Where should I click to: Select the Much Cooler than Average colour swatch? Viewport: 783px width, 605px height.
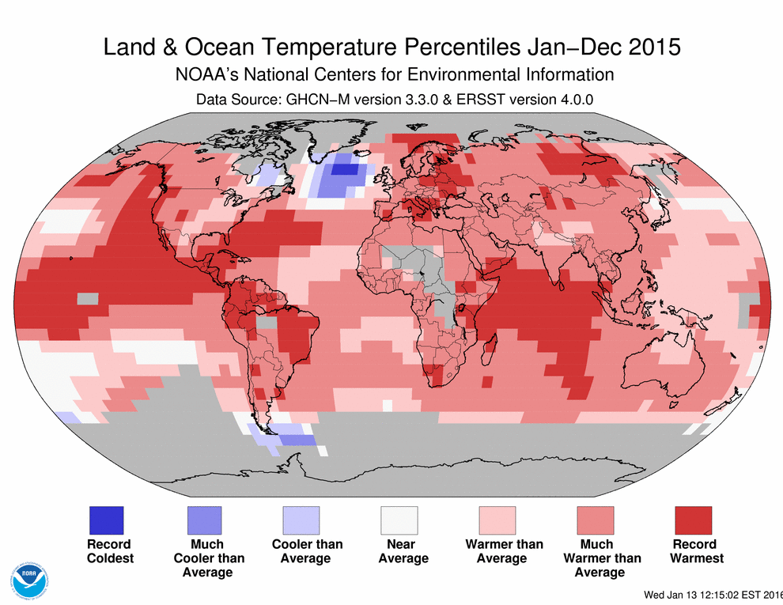point(203,520)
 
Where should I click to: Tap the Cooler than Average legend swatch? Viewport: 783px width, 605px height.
point(301,520)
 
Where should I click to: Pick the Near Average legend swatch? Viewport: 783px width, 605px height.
point(399,520)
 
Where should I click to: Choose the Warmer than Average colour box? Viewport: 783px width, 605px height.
point(497,520)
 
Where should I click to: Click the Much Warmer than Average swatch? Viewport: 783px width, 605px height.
point(596,520)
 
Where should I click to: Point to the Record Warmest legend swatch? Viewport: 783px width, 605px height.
point(694,520)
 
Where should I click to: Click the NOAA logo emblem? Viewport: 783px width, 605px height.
point(29,582)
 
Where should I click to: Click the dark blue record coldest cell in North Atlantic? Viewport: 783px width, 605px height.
point(344,168)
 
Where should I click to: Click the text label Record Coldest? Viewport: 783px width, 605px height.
point(110,551)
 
